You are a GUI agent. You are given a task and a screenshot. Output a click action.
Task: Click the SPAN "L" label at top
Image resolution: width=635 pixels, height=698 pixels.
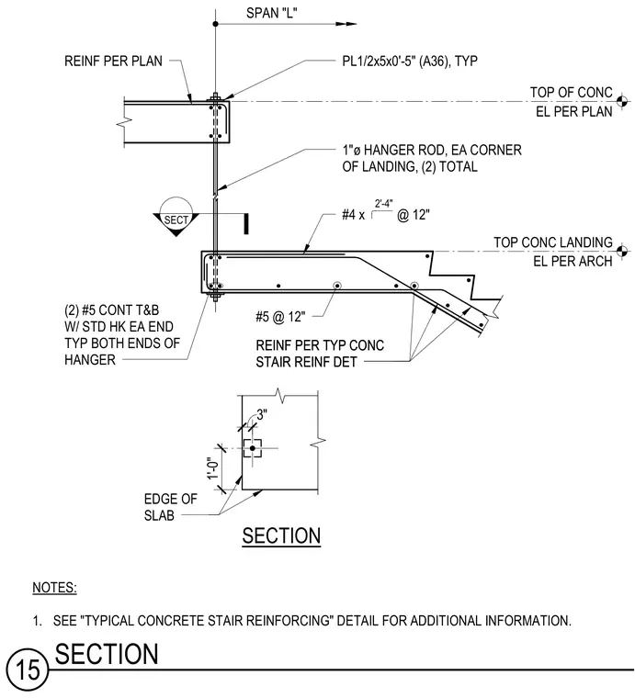click(x=272, y=13)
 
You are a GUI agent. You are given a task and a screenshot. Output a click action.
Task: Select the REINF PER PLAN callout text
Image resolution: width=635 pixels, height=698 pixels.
click(x=114, y=61)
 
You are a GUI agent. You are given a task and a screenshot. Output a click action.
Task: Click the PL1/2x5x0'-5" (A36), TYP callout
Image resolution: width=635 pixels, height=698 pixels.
click(x=410, y=61)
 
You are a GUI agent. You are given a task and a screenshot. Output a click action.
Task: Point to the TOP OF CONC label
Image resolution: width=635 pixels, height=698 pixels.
click(x=572, y=93)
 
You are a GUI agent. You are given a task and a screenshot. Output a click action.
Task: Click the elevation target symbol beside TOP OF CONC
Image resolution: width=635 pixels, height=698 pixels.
click(x=623, y=102)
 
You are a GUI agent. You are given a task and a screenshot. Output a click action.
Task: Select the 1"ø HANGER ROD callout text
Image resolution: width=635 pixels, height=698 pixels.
click(x=432, y=158)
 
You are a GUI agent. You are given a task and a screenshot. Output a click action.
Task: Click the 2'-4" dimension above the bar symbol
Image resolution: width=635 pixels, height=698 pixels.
click(x=383, y=204)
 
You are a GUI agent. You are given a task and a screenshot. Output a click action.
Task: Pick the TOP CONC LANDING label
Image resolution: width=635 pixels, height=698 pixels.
click(x=553, y=242)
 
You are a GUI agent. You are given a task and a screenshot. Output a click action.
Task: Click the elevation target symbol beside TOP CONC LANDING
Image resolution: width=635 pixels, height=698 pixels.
click(x=623, y=252)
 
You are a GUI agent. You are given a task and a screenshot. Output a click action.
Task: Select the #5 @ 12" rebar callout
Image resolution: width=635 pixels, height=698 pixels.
click(x=280, y=317)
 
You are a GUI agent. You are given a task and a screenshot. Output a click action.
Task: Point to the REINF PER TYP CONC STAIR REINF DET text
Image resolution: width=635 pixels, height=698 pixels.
click(x=320, y=354)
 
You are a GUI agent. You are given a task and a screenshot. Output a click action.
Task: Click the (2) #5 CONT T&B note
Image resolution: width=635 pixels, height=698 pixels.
click(x=122, y=334)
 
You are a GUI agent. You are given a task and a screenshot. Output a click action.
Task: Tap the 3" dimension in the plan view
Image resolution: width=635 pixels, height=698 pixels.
click(x=262, y=415)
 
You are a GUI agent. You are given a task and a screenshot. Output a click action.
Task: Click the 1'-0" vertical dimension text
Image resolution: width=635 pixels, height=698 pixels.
click(x=213, y=468)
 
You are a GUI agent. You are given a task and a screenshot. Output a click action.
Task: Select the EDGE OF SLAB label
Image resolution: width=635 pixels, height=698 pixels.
click(x=171, y=507)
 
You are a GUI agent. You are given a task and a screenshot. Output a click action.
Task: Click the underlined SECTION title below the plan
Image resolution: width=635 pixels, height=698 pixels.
click(x=281, y=536)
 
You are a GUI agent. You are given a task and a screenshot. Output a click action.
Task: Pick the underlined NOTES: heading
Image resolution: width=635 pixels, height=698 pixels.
click(x=54, y=588)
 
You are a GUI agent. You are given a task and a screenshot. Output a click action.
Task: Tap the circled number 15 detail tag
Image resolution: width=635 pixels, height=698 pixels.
click(x=28, y=669)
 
